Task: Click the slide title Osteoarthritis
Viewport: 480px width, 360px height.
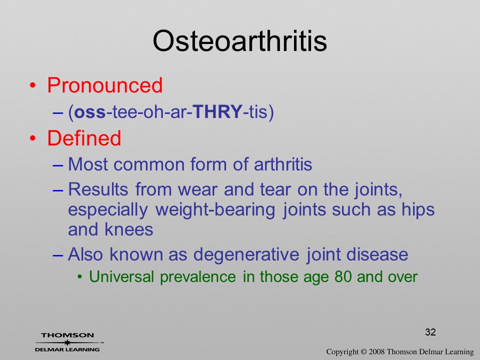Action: pyautogui.click(x=239, y=41)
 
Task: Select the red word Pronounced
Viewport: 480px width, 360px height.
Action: pyautogui.click(x=104, y=85)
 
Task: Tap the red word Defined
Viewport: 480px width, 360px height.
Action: pyautogui.click(x=84, y=138)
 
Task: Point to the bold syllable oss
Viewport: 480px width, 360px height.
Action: pyautogui.click(x=90, y=112)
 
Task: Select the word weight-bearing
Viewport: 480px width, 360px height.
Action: pyautogui.click(x=215, y=210)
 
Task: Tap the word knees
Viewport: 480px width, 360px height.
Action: pyautogui.click(x=128, y=229)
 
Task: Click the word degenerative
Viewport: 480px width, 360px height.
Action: pyautogui.click(x=246, y=254)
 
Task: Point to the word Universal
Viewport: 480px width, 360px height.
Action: pyautogui.click(x=121, y=276)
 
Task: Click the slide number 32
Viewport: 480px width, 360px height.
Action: pyautogui.click(x=430, y=332)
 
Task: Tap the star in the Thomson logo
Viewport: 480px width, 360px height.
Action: pyautogui.click(x=67, y=342)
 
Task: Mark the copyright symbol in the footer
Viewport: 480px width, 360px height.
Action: pyautogui.click(x=363, y=352)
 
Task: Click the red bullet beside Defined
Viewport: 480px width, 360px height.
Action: pyautogui.click(x=32, y=138)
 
